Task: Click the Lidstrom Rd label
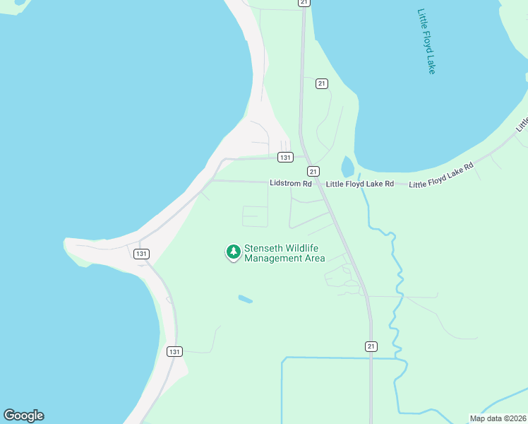coord(290,183)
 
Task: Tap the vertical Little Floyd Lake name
coord(426,41)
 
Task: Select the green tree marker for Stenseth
coord(233,252)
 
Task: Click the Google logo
coord(23,416)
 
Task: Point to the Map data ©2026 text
coord(498,418)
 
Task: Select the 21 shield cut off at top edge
coord(304,3)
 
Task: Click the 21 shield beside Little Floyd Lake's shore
coord(322,83)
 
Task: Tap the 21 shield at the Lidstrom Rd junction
coord(313,171)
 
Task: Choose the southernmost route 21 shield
coord(371,346)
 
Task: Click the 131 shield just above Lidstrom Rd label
coord(284,157)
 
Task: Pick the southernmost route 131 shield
coord(175,351)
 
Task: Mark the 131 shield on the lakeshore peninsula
coord(141,254)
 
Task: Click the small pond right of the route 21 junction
coord(347,167)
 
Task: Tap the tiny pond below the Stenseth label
coord(245,299)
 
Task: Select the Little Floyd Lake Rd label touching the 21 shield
coord(359,184)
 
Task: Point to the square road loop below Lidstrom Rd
coord(255,216)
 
